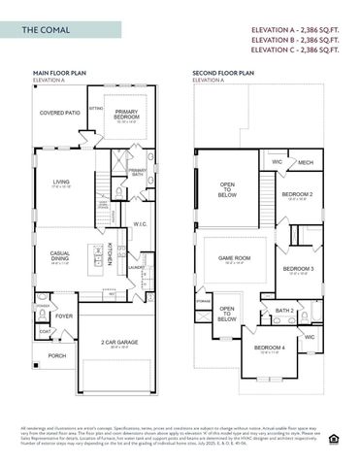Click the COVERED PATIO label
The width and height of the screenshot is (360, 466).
(x=60, y=114)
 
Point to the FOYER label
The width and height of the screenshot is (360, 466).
(x=64, y=316)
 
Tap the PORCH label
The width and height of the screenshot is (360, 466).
(x=57, y=355)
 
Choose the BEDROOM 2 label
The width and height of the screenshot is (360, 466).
(x=297, y=194)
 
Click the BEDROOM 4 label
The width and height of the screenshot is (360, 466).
(x=269, y=349)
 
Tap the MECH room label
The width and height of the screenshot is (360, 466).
(x=305, y=163)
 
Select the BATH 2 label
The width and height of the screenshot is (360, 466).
(x=285, y=311)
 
